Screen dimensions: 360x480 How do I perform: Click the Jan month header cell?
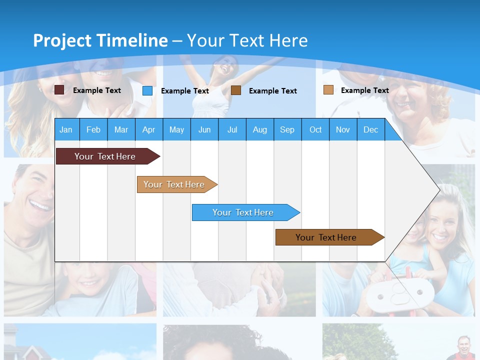click(66, 129)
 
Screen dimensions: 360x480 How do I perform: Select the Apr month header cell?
click(149, 129)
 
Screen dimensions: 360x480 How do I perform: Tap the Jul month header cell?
click(232, 129)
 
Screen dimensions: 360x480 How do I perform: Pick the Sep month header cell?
click(287, 129)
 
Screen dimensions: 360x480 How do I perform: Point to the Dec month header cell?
click(370, 129)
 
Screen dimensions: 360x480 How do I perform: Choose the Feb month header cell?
click(93, 129)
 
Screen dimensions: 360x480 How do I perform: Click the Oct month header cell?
click(315, 129)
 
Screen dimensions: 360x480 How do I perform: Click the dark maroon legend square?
click(59, 90)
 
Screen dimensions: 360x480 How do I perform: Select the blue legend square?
click(147, 90)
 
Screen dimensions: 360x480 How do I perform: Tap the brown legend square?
click(236, 90)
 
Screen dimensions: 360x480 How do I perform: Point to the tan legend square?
click(328, 90)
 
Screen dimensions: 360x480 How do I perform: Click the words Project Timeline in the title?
click(100, 40)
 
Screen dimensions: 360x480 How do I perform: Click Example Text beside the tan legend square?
click(364, 90)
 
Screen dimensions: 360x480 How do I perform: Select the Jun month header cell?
click(204, 129)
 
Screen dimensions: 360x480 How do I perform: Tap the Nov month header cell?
click(343, 129)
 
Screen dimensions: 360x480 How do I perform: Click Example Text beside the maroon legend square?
click(96, 90)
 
